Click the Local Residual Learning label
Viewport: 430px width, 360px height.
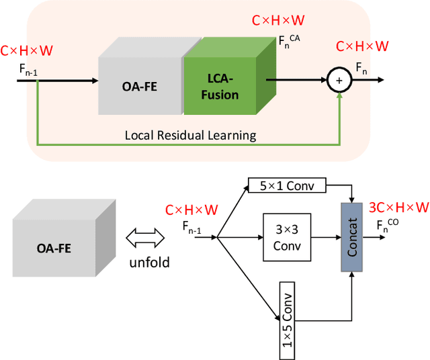[x=190, y=135]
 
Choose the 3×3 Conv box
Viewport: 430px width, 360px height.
[x=287, y=237]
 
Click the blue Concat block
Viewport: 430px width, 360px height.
[x=351, y=237]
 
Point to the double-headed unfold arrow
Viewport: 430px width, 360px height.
[x=146, y=237]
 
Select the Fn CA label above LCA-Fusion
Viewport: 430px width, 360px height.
[x=290, y=40]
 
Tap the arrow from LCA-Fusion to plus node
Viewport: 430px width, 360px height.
[x=296, y=81]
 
